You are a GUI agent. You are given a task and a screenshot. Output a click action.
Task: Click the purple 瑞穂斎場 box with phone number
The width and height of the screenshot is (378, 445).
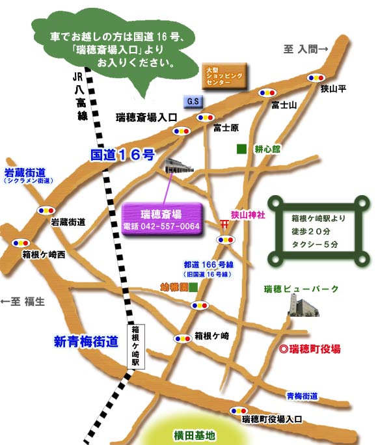click(x=162, y=220)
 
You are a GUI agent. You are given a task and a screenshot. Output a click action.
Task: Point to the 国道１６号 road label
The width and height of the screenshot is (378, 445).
click(x=122, y=155)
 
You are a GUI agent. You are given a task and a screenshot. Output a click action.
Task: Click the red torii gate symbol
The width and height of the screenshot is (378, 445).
click(x=224, y=224)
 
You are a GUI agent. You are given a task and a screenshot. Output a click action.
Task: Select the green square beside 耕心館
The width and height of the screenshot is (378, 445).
click(x=241, y=149)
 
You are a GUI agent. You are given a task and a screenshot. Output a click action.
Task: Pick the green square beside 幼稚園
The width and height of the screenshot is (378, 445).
click(x=193, y=287)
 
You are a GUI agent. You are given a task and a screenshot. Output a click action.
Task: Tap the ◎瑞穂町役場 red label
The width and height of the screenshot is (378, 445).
click(x=310, y=349)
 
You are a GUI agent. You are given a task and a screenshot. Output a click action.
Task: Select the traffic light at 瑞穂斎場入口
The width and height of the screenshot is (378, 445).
click(x=181, y=130)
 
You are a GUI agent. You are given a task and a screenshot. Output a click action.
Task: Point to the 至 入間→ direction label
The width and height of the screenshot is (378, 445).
click(x=306, y=49)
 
